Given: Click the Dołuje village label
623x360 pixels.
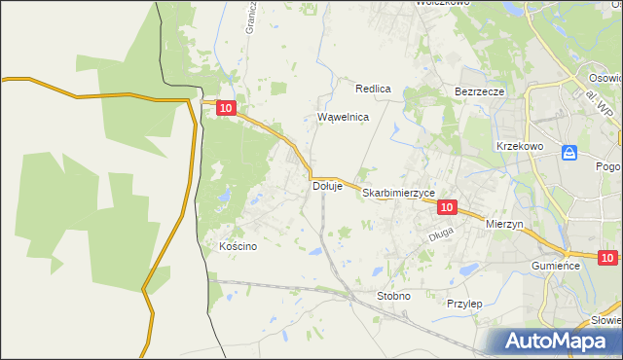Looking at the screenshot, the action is coord(326,186).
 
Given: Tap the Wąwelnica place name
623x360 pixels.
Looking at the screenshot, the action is coord(344,117).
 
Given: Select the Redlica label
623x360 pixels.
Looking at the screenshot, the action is coord(373,89).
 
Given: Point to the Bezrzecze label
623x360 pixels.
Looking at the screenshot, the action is coord(479,91).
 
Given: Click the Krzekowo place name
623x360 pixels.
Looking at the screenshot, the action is coord(519,145).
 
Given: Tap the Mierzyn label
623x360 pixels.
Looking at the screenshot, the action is coord(504,223).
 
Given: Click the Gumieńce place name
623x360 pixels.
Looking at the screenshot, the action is coord(556,266).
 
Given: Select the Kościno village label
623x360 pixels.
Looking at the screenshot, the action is coord(238,246).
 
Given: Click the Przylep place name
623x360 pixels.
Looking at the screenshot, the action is coord(464,304).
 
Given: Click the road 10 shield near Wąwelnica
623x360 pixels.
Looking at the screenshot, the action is coord(226,110).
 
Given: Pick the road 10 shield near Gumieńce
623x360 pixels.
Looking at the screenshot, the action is coord(607,258).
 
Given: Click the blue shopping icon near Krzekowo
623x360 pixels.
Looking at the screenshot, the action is coord(569,152).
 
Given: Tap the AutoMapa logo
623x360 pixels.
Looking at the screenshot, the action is coord(558,341).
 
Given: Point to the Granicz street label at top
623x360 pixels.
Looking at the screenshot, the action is coord(250,17).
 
